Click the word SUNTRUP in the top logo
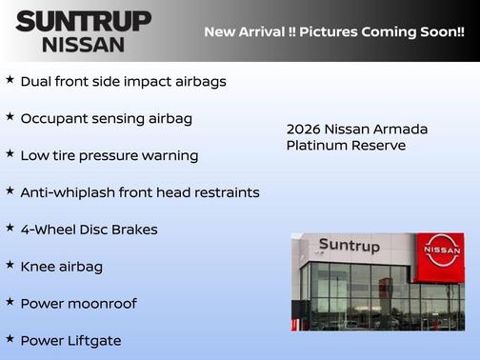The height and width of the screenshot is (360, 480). click(x=83, y=20)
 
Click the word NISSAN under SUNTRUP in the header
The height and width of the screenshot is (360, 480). click(x=83, y=44)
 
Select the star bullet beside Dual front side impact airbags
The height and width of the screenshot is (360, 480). click(x=10, y=80)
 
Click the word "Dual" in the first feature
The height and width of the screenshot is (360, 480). click(x=37, y=82)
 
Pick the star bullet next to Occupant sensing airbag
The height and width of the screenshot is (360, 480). click(x=10, y=117)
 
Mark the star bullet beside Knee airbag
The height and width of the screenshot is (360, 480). click(x=10, y=266)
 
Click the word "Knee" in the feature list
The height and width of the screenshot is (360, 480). click(x=37, y=267)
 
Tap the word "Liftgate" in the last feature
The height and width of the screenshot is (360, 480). click(x=93, y=341)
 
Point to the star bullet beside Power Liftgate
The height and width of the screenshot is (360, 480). click(x=10, y=339)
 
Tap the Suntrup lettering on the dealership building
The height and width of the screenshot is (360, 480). click(x=349, y=247)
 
